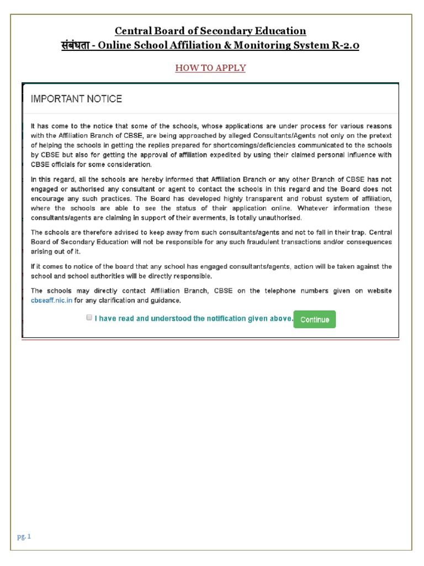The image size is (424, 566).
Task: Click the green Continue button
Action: click(x=314, y=319)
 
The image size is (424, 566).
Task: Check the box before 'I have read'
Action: click(x=89, y=318)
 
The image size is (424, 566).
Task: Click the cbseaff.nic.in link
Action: click(x=51, y=301)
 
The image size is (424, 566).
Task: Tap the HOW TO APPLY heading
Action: click(x=210, y=68)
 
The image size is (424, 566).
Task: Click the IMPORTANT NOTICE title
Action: click(x=76, y=99)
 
